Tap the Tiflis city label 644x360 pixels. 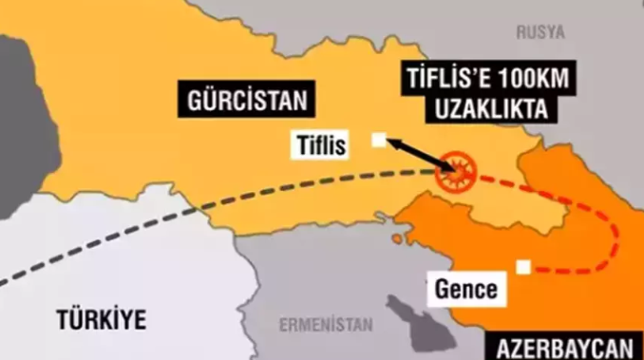click(x=322, y=144)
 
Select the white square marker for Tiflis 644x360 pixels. click(x=380, y=139)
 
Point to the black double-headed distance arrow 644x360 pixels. click(x=418, y=155)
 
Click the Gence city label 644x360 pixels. click(x=465, y=288)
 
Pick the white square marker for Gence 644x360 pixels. click(x=521, y=268)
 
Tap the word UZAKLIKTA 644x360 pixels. click(x=492, y=110)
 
